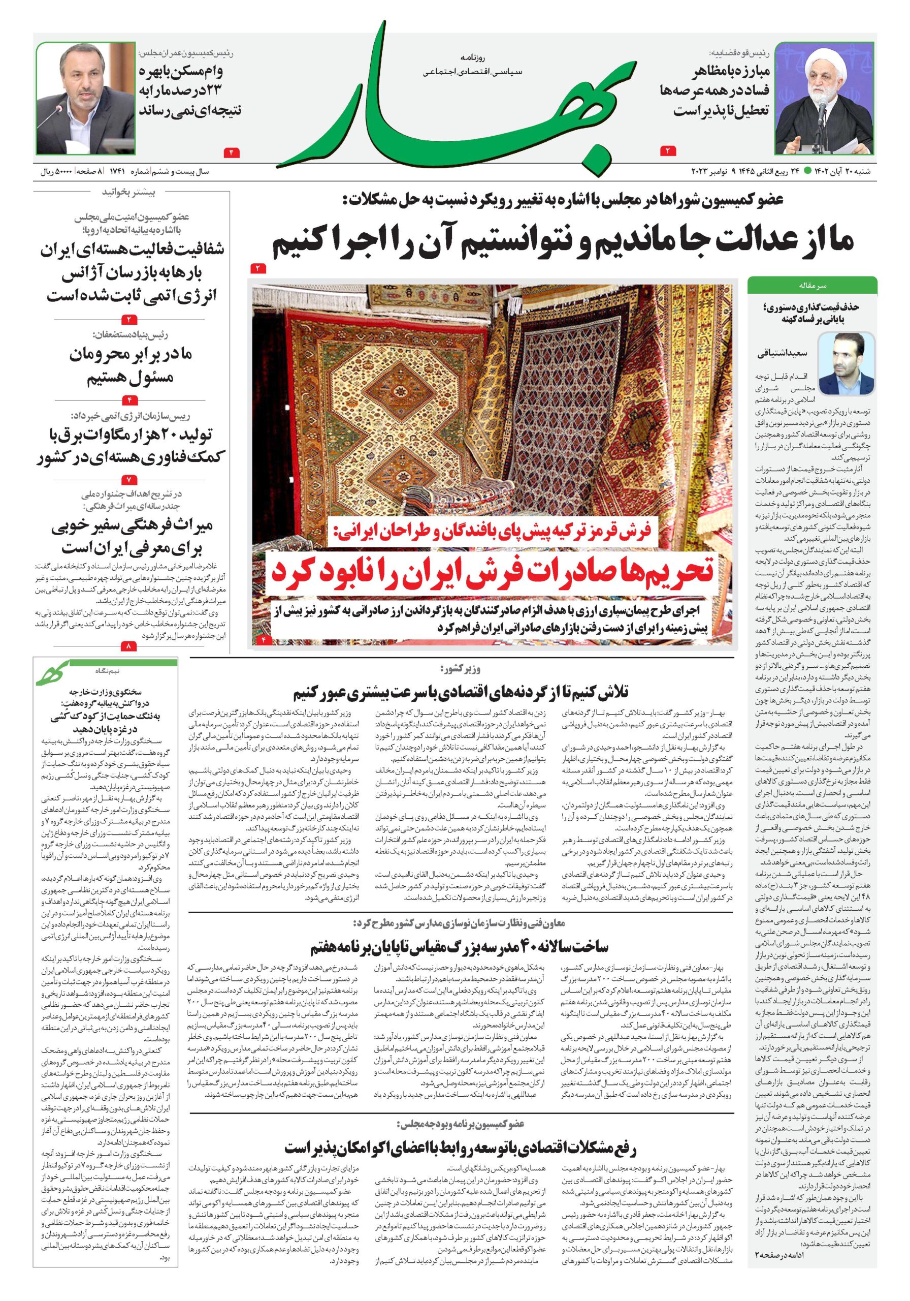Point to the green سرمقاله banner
[812, 285]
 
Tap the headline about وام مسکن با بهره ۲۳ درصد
[190, 90]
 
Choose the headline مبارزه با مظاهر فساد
[720, 90]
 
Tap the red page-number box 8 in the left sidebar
[128, 646]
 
